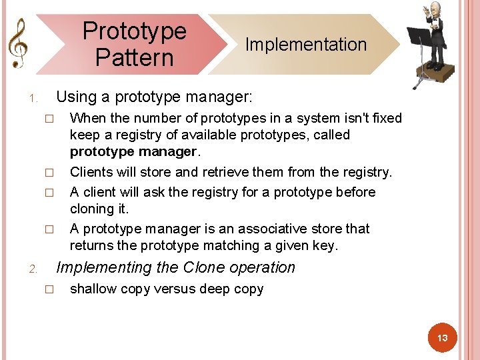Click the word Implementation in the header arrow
click(306, 45)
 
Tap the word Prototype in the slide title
click(134, 31)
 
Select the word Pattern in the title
click(134, 57)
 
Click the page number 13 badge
click(442, 339)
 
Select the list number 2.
click(33, 269)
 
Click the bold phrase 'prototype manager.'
click(133, 151)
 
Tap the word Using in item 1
click(76, 97)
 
